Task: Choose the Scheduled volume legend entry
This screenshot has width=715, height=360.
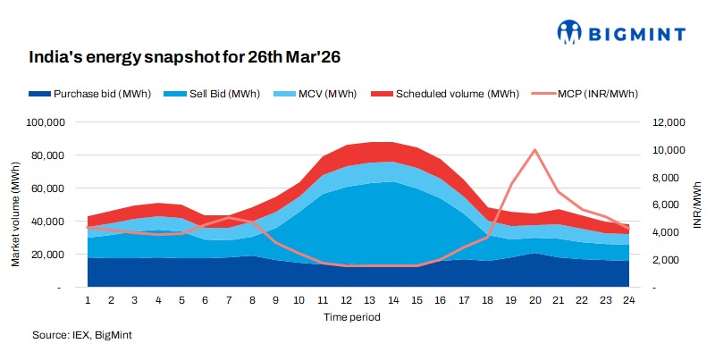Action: [x=438, y=94]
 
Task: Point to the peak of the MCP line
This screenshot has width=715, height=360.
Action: [x=534, y=150]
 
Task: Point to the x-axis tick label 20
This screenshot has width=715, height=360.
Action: [x=534, y=301]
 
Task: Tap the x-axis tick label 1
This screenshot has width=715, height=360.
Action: [x=88, y=301]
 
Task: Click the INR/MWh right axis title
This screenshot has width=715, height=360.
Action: [x=697, y=205]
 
